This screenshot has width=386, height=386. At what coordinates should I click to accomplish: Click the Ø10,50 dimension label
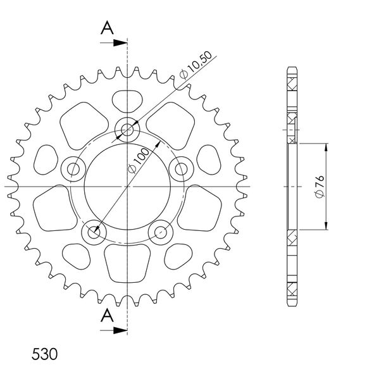click(196, 65)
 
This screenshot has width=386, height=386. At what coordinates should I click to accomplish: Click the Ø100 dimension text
click(139, 161)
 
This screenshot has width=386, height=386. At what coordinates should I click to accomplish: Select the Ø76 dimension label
click(320, 186)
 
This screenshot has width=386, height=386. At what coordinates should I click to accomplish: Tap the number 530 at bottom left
click(44, 354)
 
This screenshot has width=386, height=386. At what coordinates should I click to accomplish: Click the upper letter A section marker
click(107, 28)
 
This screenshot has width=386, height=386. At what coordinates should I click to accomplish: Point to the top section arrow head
click(120, 43)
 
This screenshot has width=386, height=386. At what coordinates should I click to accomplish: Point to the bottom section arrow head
click(120, 330)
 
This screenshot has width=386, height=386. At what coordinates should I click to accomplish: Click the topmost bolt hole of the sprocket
click(127, 130)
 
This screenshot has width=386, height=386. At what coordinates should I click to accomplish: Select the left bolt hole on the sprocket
click(73, 169)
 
